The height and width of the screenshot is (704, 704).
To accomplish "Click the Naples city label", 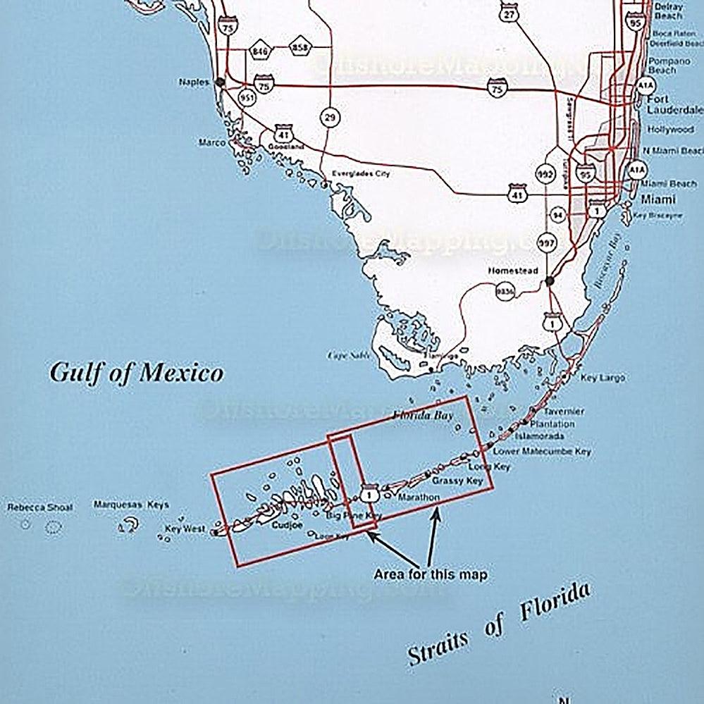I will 194,82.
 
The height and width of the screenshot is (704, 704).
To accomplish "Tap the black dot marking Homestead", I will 550,281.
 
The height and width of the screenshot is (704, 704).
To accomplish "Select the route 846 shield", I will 260,51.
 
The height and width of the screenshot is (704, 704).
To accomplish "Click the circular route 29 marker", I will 329,118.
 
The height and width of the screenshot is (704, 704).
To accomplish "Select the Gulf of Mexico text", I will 136,373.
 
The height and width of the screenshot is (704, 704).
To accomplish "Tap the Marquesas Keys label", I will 131,505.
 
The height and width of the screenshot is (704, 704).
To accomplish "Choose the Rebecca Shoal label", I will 39,507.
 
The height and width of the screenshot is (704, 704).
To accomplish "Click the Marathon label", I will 419,498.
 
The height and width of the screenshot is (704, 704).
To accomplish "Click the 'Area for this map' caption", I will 431,574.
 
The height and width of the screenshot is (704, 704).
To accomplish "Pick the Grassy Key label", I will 457,481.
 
